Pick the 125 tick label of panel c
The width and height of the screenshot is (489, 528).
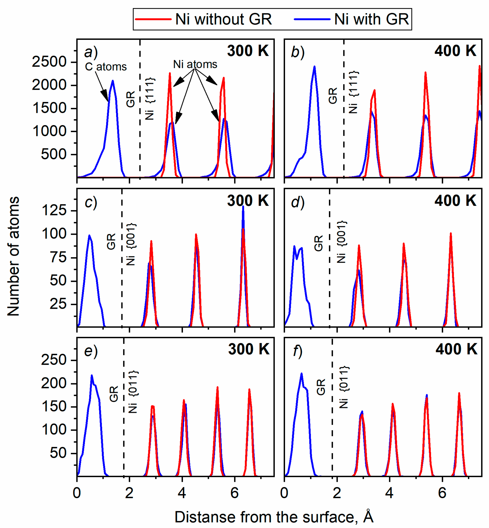click(x=54, y=210)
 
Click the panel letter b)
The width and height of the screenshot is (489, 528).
click(x=298, y=52)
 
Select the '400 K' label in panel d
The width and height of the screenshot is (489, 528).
click(x=455, y=201)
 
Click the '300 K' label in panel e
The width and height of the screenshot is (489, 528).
click(x=249, y=349)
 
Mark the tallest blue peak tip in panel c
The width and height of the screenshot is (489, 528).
click(x=243, y=207)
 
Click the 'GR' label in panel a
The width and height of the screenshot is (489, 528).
click(x=130, y=99)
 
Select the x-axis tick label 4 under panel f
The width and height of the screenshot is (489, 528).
click(x=389, y=493)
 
